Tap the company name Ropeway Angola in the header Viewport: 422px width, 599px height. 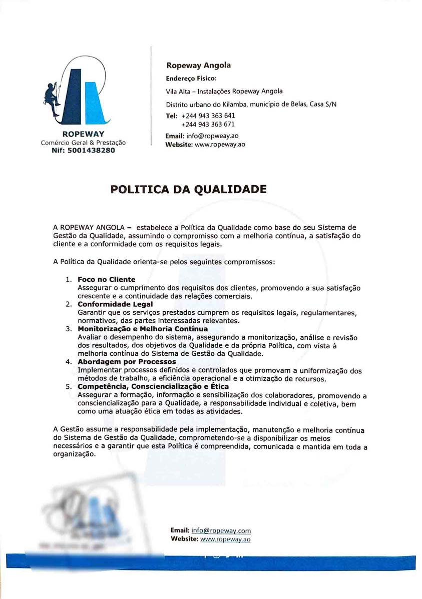pyautogui.click(x=198, y=65)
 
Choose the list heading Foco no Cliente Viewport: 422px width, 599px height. pyautogui.click(x=106, y=279)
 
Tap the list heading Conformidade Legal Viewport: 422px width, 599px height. pyautogui.click(x=115, y=304)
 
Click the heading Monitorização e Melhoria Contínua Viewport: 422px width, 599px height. pyautogui.click(x=143, y=329)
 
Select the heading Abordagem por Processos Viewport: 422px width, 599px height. pyautogui.click(x=127, y=361)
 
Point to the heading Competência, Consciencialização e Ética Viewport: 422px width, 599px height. pyautogui.click(x=153, y=386)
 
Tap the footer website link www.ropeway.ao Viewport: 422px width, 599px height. pyautogui.click(x=225, y=539)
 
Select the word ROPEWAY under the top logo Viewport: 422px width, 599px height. pyautogui.click(x=83, y=134)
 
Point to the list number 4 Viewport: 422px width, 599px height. pyautogui.click(x=68, y=361)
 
